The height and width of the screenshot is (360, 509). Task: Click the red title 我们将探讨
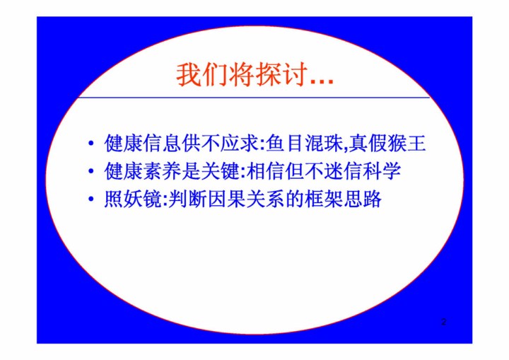(x=242, y=75)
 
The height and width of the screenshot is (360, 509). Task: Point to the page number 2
(x=444, y=322)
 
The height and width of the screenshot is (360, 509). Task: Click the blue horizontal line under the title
(x=254, y=97)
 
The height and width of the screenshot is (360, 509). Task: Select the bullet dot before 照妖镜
(x=91, y=199)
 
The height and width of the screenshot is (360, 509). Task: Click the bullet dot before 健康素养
(x=91, y=171)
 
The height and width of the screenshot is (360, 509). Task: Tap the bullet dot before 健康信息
(x=91, y=143)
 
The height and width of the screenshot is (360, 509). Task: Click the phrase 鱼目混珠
(x=304, y=143)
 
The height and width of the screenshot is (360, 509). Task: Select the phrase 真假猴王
(x=387, y=143)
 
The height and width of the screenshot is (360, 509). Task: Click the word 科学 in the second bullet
(x=382, y=171)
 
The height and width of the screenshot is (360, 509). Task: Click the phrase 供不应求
(x=221, y=143)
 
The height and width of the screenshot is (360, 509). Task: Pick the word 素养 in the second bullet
(x=162, y=171)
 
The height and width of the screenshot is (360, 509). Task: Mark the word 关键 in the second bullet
(x=221, y=171)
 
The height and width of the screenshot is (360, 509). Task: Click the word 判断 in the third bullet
(x=188, y=199)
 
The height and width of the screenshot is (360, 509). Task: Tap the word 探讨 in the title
(x=281, y=75)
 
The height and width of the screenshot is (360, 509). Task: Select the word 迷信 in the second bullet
(x=343, y=171)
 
